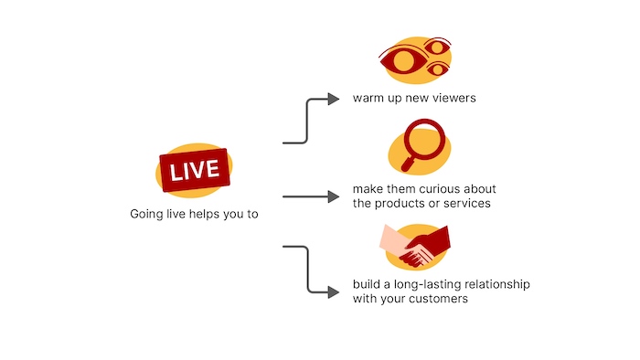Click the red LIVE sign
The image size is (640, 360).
point(195,169)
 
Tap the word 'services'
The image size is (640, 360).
point(466,203)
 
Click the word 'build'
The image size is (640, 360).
point(367,285)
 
